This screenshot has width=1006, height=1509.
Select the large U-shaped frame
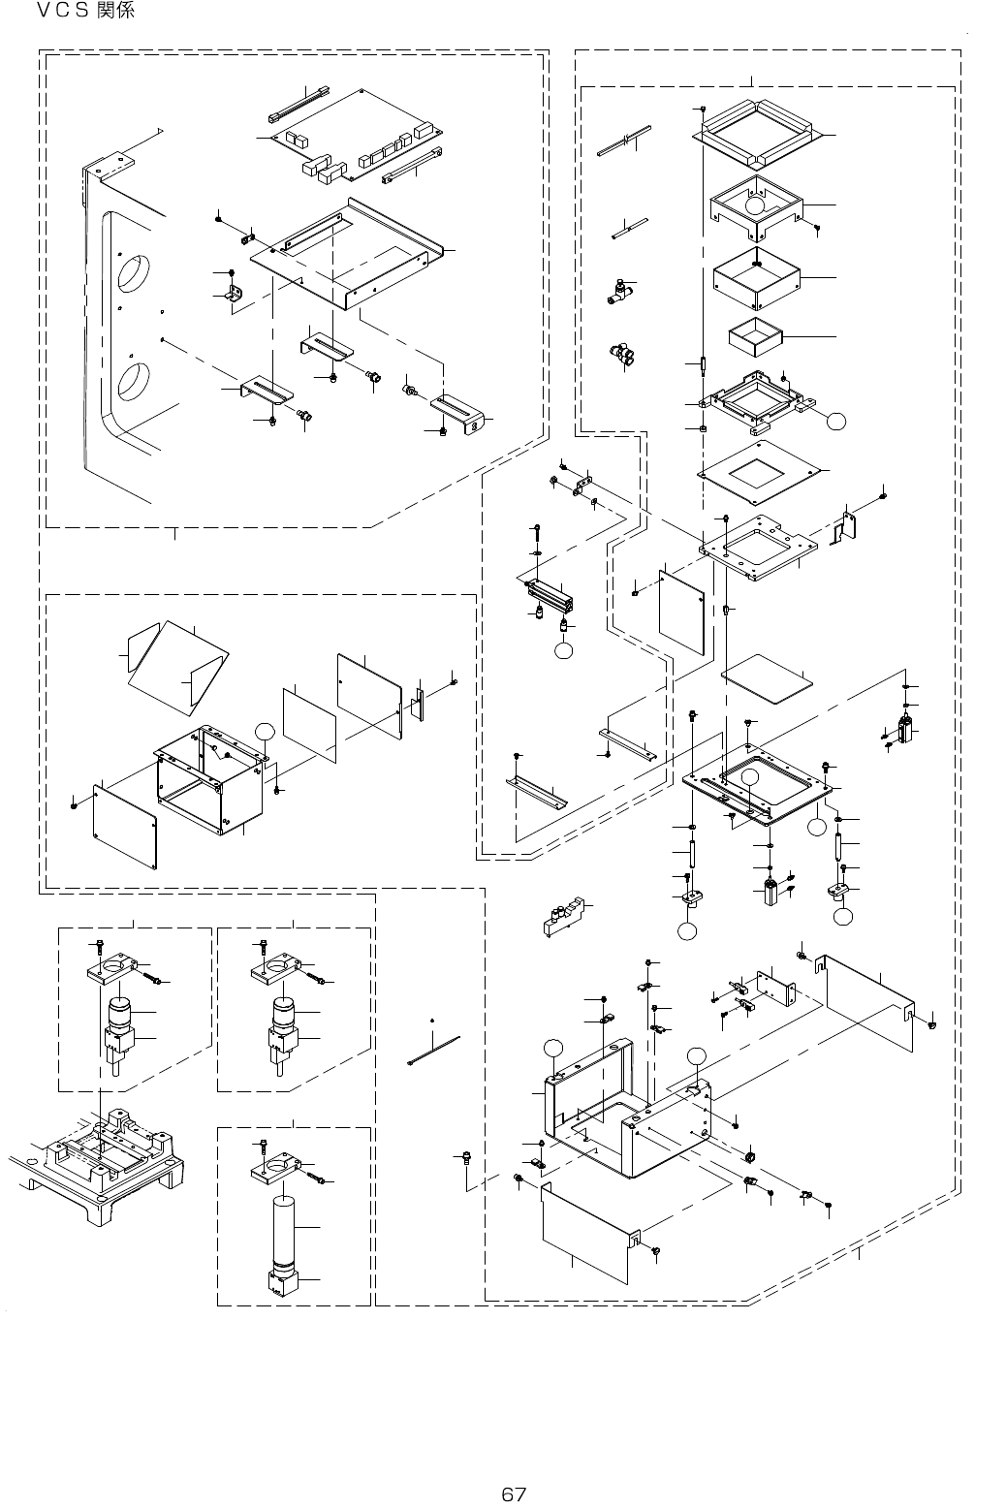click(x=630, y=1105)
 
